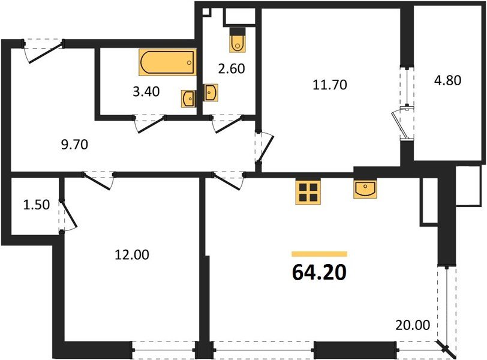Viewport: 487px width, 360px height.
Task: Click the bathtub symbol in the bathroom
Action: pyautogui.click(x=167, y=62)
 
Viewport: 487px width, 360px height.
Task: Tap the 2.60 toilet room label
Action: pyautogui.click(x=232, y=68)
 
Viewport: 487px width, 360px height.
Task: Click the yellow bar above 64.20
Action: pyautogui.click(x=320, y=254)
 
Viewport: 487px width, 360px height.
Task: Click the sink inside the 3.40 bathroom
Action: pyautogui.click(x=188, y=97)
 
